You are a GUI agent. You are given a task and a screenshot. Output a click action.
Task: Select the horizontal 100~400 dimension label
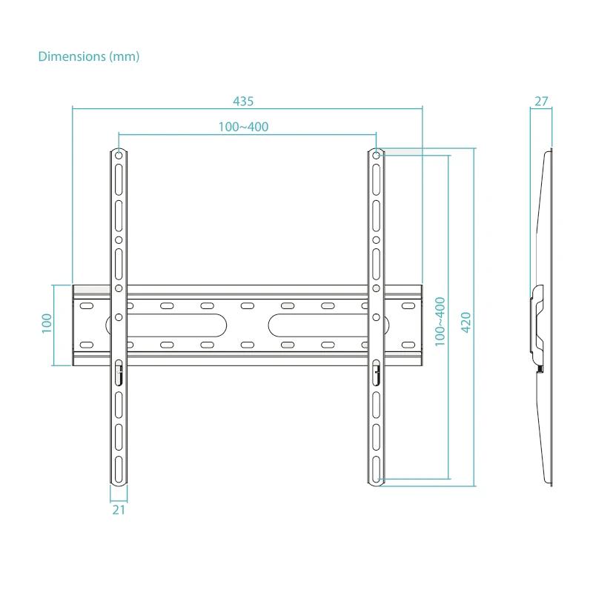(x=243, y=127)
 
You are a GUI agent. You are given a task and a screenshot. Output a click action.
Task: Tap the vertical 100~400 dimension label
(x=440, y=319)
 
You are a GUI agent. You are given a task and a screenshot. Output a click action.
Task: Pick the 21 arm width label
(x=119, y=509)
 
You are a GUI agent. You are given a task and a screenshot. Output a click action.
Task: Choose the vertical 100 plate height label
(x=47, y=323)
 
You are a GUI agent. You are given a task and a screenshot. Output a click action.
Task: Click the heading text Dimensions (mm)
(x=88, y=56)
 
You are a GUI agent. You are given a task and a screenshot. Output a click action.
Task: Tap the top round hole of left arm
(x=119, y=156)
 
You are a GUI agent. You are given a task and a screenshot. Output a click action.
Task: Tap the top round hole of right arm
(x=376, y=156)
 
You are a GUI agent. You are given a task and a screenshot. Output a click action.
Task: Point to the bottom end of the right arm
(x=376, y=482)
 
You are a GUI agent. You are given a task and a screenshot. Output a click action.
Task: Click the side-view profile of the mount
(x=546, y=319)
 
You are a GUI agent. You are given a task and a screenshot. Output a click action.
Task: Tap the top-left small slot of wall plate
(x=87, y=305)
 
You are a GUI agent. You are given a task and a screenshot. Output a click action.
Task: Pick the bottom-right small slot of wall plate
(x=407, y=345)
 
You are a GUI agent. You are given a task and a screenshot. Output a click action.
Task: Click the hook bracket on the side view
(x=537, y=326)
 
